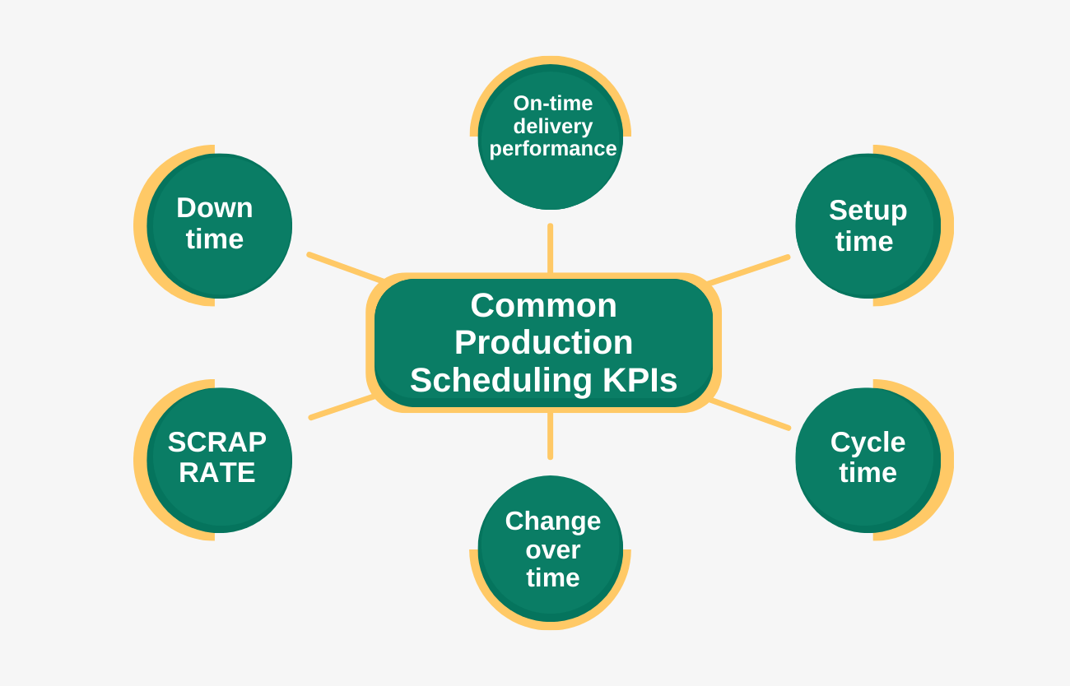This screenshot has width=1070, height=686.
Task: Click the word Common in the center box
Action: click(543, 306)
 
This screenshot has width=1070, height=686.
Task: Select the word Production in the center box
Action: click(543, 343)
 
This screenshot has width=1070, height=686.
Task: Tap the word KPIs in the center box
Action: click(640, 381)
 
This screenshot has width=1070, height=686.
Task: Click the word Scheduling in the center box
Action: click(501, 381)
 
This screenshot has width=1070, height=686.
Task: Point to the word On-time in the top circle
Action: click(552, 104)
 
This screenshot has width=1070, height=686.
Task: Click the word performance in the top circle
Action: click(552, 149)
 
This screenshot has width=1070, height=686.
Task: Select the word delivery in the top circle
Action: click(552, 127)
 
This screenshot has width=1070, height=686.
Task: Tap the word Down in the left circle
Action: click(214, 208)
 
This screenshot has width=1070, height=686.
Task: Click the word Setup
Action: click(868, 211)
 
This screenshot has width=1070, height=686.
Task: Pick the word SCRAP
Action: click(217, 443)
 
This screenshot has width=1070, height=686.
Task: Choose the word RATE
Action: click(217, 473)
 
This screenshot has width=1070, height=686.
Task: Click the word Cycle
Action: click(868, 443)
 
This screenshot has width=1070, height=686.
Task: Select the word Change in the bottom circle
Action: click(552, 521)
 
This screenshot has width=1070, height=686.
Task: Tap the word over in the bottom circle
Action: click(552, 549)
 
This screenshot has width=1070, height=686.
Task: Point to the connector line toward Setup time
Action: click(749, 270)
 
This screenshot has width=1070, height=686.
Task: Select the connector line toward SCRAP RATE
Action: click(342, 407)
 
